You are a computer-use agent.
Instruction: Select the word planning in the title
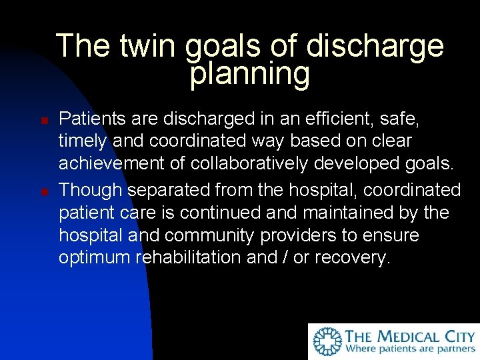point(250,75)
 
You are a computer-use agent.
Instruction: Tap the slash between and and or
point(283,258)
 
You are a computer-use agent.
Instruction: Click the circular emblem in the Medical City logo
point(327,341)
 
